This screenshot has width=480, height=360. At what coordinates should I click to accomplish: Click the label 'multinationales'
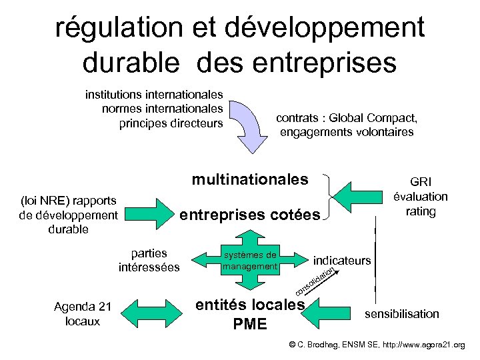[x=250, y=179]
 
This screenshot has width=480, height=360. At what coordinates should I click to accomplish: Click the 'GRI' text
[x=421, y=181]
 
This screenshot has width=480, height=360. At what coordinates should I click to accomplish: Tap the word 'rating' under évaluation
[x=421, y=211]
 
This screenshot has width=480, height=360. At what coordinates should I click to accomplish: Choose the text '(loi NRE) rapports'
[x=69, y=200]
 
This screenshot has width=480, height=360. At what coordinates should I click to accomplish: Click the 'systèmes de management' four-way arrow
[x=250, y=261]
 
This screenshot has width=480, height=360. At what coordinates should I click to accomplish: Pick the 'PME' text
[x=250, y=325]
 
